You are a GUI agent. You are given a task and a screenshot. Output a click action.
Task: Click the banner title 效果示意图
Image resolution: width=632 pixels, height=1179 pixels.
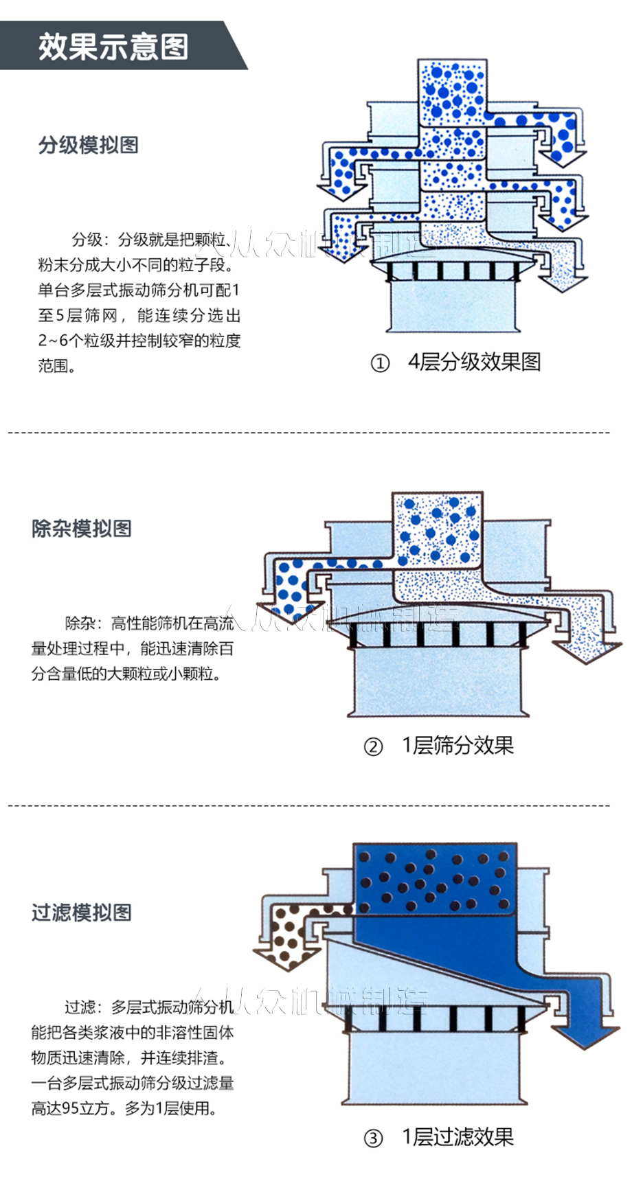[113, 46]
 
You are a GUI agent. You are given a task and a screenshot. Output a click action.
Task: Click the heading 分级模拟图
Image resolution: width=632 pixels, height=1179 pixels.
[88, 145]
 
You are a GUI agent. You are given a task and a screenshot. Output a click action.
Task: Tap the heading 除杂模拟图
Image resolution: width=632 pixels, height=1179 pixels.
[81, 528]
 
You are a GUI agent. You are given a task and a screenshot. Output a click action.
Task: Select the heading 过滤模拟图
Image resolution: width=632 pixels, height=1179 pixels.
[81, 912]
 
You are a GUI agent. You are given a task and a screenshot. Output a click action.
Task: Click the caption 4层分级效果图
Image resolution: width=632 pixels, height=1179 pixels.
[474, 362]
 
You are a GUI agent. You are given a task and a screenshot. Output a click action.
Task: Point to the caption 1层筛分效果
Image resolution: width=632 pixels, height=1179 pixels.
[458, 745]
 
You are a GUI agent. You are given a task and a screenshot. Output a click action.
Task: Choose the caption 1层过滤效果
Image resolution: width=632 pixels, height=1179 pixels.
[458, 1136]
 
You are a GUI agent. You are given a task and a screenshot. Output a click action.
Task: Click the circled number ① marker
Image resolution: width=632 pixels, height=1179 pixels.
[380, 363]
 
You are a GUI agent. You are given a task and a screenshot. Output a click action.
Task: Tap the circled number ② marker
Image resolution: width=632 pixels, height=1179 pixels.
[372, 746]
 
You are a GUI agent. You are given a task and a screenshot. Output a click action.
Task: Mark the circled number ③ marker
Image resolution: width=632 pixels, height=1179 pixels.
[372, 1138]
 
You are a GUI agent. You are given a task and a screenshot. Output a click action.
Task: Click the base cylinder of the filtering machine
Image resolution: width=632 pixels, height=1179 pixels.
[434, 1068]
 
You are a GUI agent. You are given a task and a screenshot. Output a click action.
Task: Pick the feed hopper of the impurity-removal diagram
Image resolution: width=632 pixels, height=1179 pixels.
[438, 529]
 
